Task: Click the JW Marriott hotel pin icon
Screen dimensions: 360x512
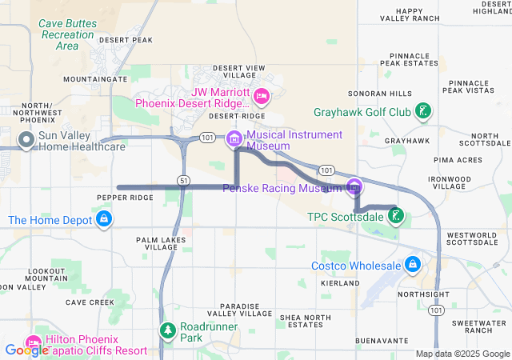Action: click(261, 97)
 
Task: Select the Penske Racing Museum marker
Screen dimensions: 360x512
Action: click(354, 188)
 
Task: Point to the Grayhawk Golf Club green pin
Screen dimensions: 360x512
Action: click(424, 113)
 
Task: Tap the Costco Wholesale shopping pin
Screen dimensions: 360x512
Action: click(412, 265)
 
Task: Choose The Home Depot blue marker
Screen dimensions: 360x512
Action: click(103, 219)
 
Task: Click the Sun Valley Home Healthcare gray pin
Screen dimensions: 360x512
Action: click(26, 140)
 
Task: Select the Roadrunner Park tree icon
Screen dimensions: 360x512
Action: click(167, 330)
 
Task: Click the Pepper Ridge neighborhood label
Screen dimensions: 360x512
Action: click(124, 198)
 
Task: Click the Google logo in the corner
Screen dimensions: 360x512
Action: click(26, 350)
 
